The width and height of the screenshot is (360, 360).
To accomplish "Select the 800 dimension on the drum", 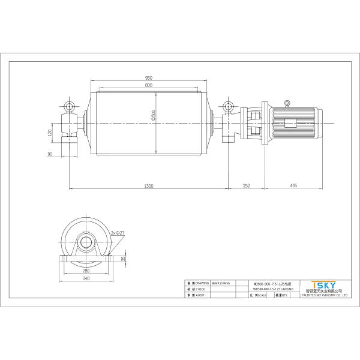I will (148, 86).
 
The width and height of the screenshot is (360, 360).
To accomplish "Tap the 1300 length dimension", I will (148, 186).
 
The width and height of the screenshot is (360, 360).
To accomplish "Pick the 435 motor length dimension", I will (293, 186).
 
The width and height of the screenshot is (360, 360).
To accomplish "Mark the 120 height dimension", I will (50, 131).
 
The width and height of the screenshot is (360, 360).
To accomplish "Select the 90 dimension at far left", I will (50, 155).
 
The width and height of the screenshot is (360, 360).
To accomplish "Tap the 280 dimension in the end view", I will (86, 271).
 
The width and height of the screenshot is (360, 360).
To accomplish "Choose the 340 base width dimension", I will (86, 278).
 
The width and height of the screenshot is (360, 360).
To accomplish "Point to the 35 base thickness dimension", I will (123, 259).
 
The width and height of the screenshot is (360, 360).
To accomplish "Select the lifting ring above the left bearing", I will (71, 107).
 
